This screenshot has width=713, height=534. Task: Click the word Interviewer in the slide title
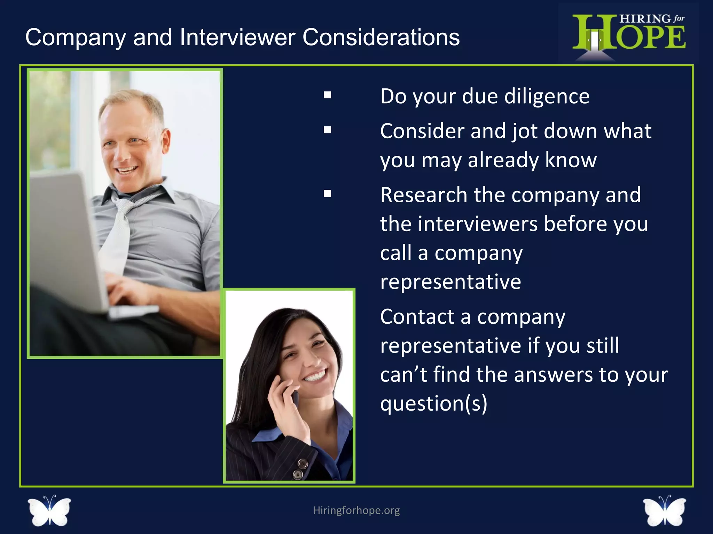(x=237, y=37)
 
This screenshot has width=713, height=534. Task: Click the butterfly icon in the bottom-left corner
(x=49, y=511)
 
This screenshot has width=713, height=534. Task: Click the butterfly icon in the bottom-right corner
(x=664, y=511)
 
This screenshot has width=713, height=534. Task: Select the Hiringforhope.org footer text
(x=356, y=510)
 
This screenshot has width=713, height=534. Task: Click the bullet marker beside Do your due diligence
(x=327, y=95)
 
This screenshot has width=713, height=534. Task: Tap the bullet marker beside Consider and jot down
(x=327, y=130)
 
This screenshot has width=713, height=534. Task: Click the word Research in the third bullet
(x=423, y=195)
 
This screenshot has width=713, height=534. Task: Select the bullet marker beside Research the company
(x=327, y=194)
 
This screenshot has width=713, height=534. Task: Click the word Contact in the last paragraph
(x=417, y=317)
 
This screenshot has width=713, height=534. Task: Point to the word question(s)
(x=433, y=404)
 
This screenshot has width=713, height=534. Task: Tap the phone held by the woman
(x=295, y=396)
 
